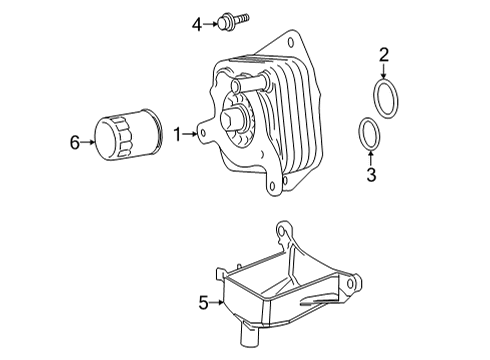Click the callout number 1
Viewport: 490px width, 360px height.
click(177, 133)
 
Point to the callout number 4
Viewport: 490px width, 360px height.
click(197, 21)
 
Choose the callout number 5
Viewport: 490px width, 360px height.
click(203, 301)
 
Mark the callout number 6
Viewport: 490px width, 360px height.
click(75, 142)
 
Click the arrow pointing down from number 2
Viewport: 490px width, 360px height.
click(382, 71)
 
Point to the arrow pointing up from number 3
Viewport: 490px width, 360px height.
click(369, 157)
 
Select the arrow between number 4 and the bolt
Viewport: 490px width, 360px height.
click(212, 21)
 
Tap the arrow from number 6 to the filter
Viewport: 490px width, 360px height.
click(90, 142)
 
